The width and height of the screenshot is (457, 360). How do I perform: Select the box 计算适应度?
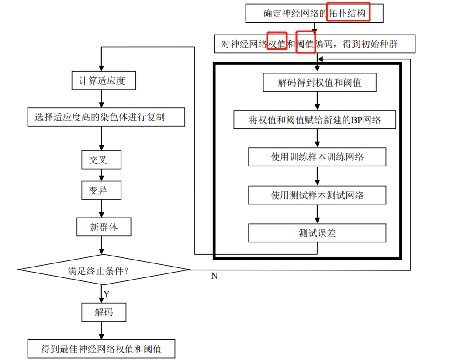(104, 81)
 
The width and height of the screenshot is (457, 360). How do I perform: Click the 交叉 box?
(101, 160)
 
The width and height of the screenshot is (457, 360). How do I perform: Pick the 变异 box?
(101, 190)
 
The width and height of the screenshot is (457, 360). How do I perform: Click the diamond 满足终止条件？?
(103, 270)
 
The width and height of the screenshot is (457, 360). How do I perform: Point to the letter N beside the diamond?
(214, 276)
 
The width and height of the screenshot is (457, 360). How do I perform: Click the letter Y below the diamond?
(107, 294)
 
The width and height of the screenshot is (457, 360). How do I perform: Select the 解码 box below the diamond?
(104, 312)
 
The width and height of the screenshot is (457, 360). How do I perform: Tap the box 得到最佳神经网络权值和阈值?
(101, 349)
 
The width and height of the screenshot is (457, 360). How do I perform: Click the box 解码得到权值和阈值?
(319, 82)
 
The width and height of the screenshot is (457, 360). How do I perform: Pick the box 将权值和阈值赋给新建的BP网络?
(315, 120)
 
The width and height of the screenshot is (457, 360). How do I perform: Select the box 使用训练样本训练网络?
(317, 157)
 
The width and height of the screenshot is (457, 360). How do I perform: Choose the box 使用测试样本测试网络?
(317, 195)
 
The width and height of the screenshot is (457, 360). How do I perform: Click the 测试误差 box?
(317, 233)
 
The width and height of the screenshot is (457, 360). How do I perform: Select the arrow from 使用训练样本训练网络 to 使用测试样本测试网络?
(318, 176)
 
